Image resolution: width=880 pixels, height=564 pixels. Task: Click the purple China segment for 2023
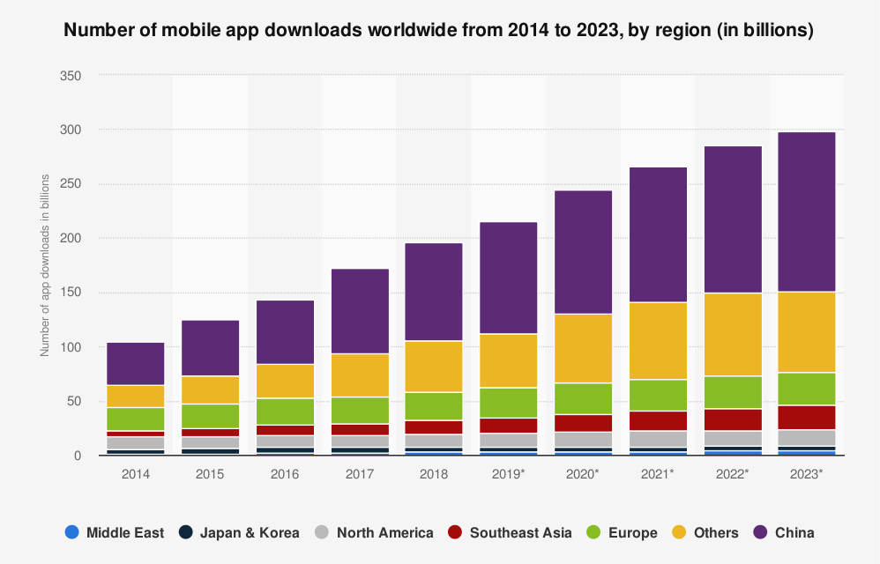coord(807,211)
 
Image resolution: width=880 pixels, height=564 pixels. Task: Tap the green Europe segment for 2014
coord(135,419)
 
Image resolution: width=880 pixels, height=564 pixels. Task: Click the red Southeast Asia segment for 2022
coord(732,419)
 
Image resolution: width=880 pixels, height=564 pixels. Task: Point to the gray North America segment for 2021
coord(658,439)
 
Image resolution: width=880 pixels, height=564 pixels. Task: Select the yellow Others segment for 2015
coord(210,390)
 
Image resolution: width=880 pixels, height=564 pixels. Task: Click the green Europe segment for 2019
coord(508,403)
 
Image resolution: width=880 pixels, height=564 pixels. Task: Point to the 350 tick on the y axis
coord(71,76)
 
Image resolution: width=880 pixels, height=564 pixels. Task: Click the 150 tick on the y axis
coord(71,293)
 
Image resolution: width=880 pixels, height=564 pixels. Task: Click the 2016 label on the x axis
coord(285,474)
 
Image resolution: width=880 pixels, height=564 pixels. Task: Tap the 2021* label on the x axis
coord(658,474)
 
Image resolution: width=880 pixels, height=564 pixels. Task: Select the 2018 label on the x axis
coord(434,474)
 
